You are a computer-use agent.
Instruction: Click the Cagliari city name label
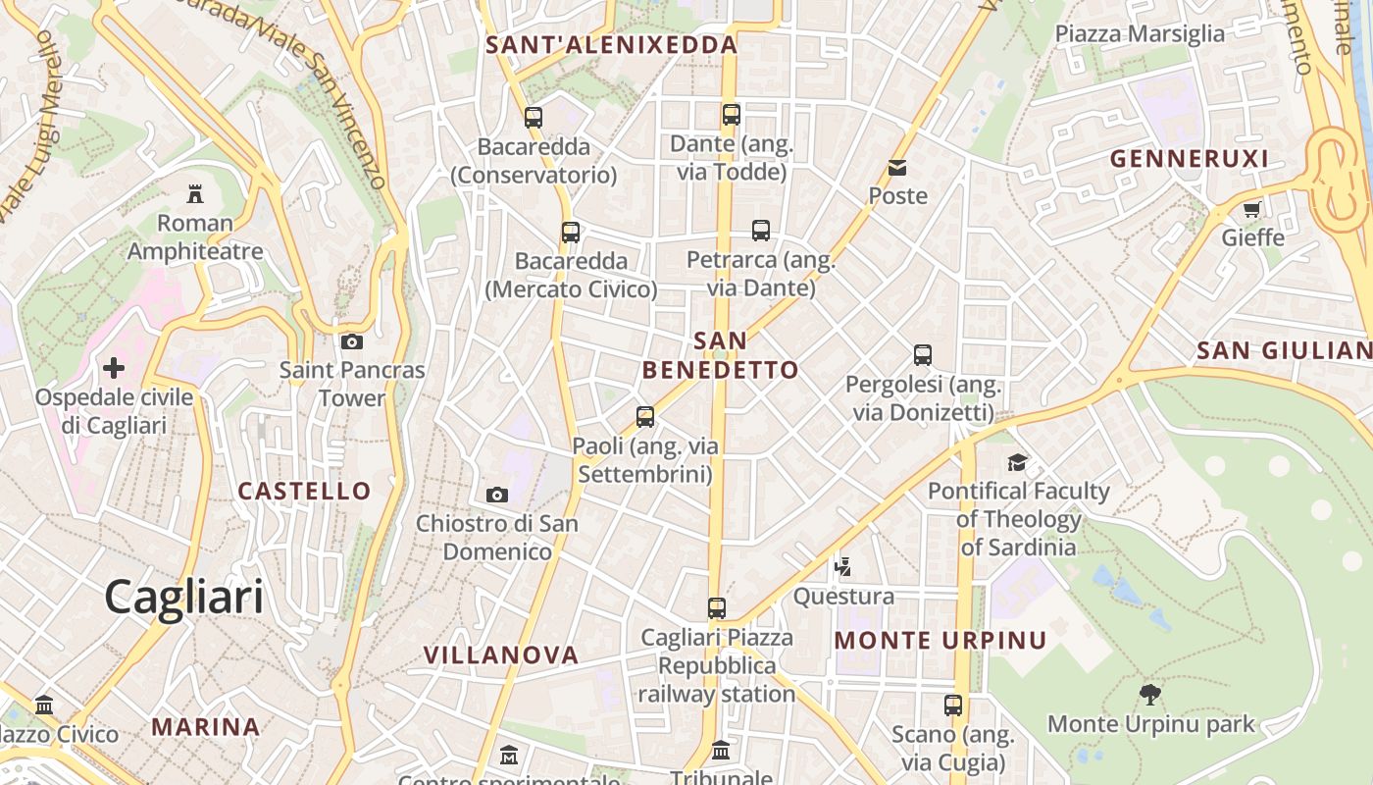pos(183,597)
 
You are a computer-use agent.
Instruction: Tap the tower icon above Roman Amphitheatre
pos(194,193)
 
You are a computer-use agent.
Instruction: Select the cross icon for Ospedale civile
pos(114,368)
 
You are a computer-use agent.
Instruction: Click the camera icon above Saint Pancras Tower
pos(351,341)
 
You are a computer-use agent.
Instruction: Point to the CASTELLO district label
pos(305,491)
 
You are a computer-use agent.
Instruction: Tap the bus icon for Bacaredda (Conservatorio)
pos(534,118)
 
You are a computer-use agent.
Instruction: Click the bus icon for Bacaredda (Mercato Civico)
pos(571,233)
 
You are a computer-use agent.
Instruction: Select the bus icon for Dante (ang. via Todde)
pos(732,115)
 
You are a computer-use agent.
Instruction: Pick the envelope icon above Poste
pos(897,168)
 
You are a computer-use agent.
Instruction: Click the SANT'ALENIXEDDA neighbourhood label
pos(611,45)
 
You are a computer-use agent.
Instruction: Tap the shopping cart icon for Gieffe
pos(1252,209)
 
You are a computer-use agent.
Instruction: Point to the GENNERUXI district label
pos(1189,158)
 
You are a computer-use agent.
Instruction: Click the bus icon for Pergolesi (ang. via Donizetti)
pos(923,355)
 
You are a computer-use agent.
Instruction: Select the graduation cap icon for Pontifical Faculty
pos(1018,462)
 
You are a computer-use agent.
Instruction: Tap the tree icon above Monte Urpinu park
pos(1150,695)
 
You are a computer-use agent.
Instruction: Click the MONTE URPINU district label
pos(941,641)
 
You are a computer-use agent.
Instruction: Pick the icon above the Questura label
pos(842,566)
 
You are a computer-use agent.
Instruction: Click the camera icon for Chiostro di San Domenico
pos(497,495)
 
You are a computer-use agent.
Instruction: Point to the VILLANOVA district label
pos(501,654)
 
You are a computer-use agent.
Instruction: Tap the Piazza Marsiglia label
pos(1140,34)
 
